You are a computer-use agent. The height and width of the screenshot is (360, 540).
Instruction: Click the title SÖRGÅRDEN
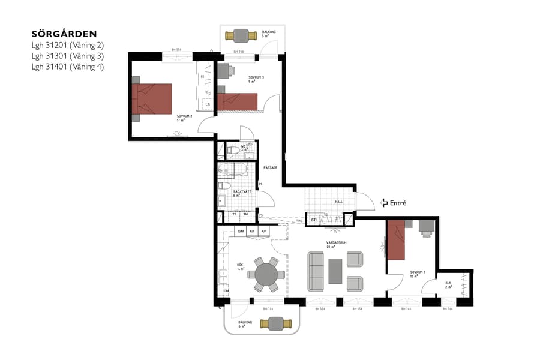point(64,34)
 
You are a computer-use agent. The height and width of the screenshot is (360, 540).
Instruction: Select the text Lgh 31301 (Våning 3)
point(68,56)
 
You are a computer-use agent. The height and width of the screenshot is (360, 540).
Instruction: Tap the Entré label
point(398,203)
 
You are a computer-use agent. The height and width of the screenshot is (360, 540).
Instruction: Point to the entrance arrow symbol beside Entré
point(384,204)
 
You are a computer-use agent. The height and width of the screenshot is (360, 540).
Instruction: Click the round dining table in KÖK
point(266,275)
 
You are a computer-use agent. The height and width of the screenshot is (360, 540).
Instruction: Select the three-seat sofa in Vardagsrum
point(316,272)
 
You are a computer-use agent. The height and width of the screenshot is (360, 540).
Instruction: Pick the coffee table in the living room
point(335,271)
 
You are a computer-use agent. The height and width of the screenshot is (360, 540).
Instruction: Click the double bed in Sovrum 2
point(152,99)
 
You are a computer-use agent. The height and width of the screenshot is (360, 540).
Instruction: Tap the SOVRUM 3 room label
point(256,78)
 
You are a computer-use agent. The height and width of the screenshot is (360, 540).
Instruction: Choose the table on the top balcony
point(243,35)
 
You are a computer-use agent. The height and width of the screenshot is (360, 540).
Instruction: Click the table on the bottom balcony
point(275,323)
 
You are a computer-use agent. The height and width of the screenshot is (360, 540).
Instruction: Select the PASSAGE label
point(270,168)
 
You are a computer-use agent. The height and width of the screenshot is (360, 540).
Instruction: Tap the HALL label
point(339,202)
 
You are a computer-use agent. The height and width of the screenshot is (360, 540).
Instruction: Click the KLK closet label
point(448,283)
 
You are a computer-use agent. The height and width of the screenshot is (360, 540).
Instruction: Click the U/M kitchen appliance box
point(241,230)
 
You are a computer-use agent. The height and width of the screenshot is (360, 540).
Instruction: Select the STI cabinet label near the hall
point(314,220)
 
